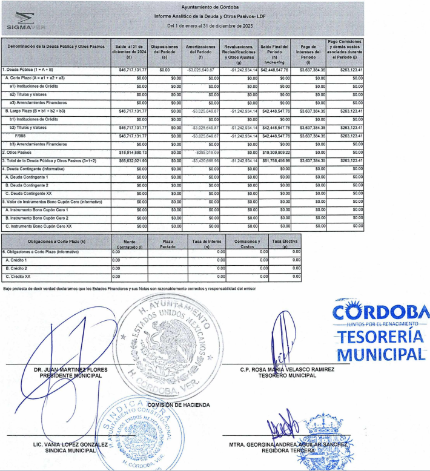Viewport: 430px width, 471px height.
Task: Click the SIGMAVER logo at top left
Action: (22, 20)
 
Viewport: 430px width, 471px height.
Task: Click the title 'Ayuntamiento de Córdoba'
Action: (214, 6)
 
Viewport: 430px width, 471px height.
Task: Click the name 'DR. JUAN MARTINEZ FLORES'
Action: (62, 370)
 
